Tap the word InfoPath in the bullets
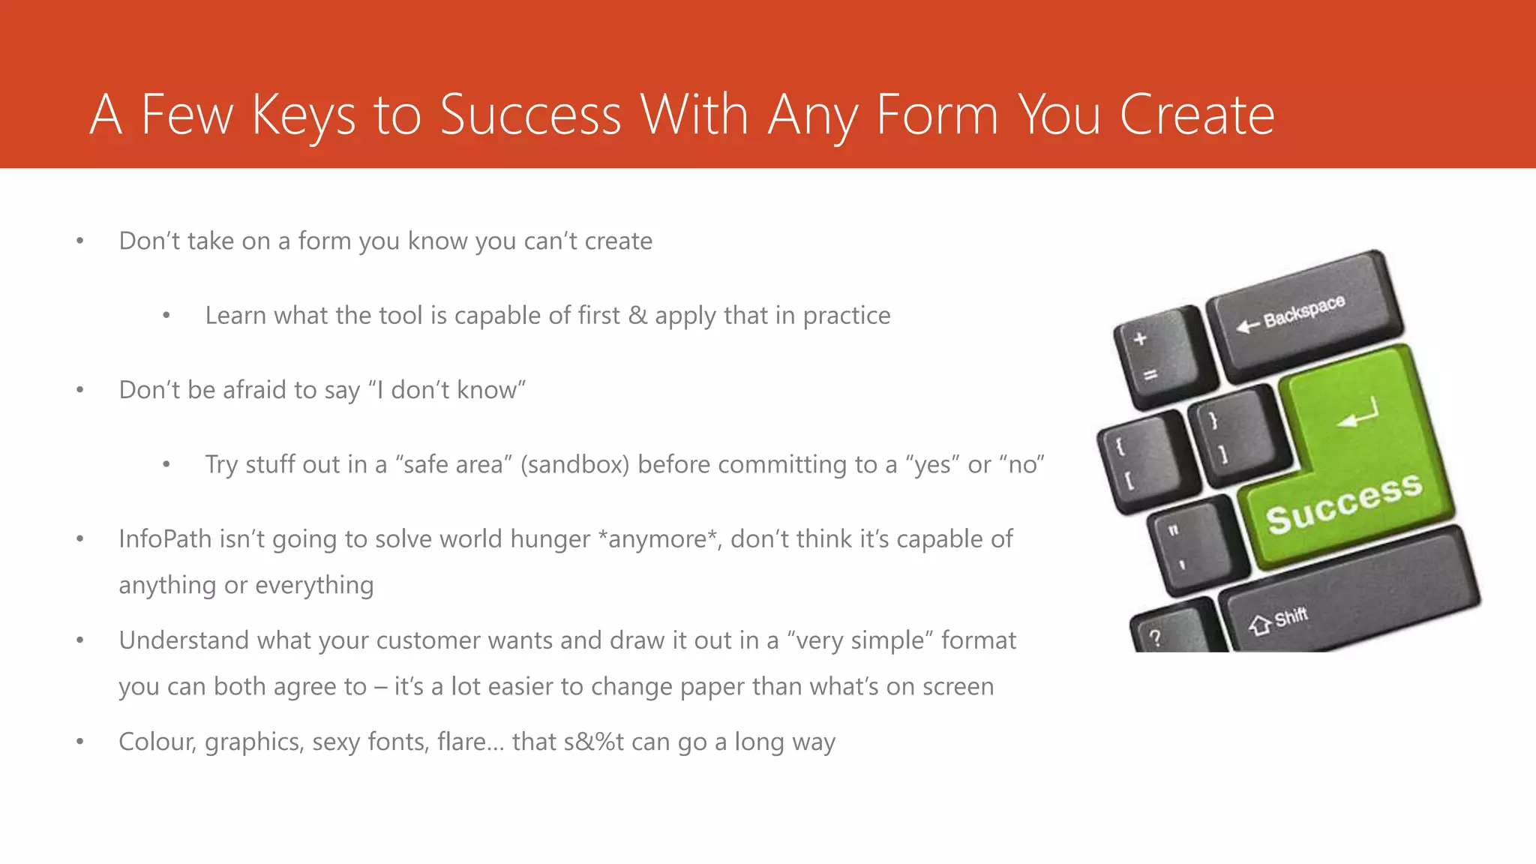tap(165, 539)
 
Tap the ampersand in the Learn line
tap(637, 316)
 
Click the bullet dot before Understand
tap(80, 641)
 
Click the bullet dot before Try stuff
tap(166, 466)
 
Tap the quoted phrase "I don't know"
tap(446, 391)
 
